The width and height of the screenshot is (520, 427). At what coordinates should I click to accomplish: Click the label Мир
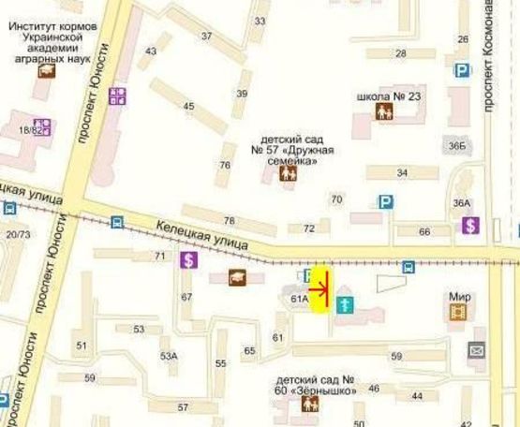[x=459, y=297]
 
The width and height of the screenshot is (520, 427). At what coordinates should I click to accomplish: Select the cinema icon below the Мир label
[x=457, y=312]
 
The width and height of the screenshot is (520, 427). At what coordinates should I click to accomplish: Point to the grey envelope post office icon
[x=477, y=349]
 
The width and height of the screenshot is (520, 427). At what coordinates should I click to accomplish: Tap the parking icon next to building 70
[x=385, y=201]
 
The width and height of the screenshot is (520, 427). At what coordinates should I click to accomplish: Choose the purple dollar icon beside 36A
[x=470, y=225]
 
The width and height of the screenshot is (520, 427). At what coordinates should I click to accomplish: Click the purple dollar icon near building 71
[x=189, y=261]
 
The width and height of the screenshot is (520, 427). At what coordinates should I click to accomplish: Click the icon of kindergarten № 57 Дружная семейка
[x=290, y=174]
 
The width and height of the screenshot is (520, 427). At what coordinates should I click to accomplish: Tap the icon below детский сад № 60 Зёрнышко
[x=309, y=405]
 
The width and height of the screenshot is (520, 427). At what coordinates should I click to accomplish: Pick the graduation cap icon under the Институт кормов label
[x=46, y=68]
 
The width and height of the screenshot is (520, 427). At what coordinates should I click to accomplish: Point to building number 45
[x=189, y=106]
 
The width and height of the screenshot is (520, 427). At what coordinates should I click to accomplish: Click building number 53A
[x=169, y=356]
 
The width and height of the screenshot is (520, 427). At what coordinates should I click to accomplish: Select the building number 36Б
[x=456, y=145]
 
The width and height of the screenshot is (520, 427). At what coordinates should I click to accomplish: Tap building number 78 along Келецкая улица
[x=229, y=221]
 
